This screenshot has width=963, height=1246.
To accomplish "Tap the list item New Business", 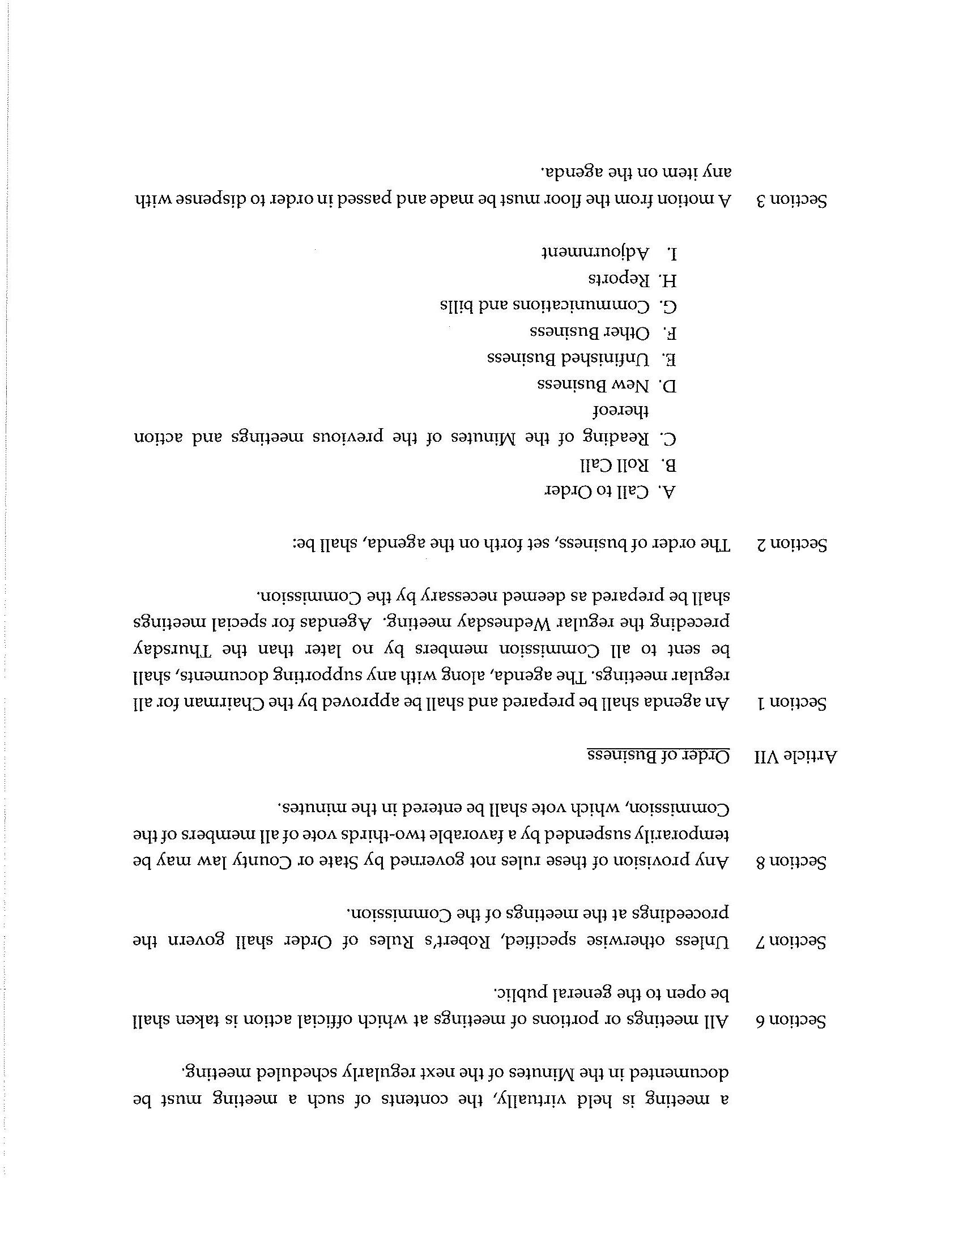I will (593, 386).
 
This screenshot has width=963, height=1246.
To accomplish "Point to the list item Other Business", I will (590, 332).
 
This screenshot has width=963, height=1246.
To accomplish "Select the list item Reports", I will (619, 280).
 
